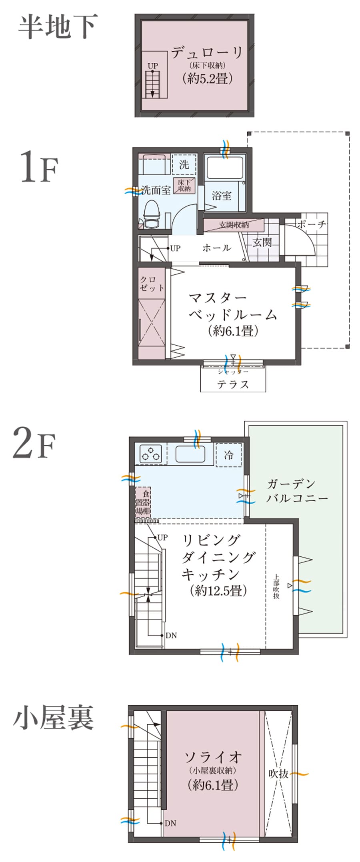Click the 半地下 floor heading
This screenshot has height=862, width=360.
point(58,27)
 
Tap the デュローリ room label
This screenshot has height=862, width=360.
point(207,52)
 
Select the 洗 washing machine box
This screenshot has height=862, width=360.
point(184,164)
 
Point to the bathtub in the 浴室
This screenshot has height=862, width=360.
point(224,167)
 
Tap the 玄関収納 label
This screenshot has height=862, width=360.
point(234,225)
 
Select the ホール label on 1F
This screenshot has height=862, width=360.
point(216,248)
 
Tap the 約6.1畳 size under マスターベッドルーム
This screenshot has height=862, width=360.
point(233,331)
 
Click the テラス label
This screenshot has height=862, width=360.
point(233,384)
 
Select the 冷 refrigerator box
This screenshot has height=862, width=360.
point(228,455)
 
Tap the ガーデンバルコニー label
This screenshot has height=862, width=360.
point(297,491)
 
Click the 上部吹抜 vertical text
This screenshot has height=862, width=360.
point(276,586)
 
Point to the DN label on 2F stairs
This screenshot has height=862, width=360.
point(171,635)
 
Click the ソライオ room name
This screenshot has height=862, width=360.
point(213,756)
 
